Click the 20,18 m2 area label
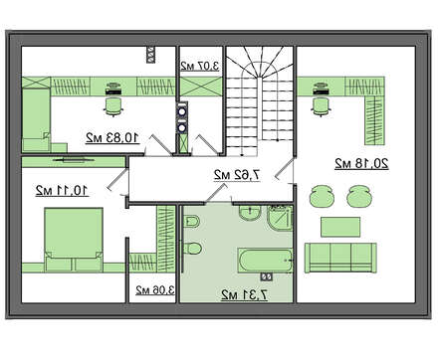[361, 164]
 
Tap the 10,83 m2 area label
[112, 137]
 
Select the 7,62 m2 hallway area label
[237, 175]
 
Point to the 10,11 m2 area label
[62, 190]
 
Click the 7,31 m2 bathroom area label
[244, 294]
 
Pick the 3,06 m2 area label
[155, 290]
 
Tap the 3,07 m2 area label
[200, 66]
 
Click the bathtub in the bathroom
[265, 261]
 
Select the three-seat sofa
[340, 258]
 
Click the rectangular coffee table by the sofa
[340, 227]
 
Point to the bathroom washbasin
[250, 214]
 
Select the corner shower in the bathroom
[280, 218]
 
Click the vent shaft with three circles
[151, 55]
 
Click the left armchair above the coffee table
[322, 196]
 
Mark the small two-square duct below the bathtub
[267, 276]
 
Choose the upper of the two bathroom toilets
[192, 221]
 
